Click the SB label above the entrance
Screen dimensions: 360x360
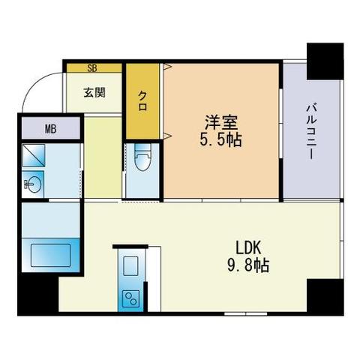point(92,68)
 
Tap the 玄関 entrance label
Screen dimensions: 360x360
point(94,92)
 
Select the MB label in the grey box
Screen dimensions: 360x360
point(51,129)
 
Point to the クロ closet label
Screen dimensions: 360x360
point(142,100)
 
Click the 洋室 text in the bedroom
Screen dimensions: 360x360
point(220,122)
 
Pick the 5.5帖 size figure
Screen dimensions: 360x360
point(220,139)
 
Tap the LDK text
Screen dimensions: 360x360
point(248,248)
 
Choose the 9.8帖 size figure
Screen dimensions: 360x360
point(248,265)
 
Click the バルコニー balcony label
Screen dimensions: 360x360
point(311,131)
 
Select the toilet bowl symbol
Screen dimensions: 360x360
point(142,157)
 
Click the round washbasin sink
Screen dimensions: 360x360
point(33,184)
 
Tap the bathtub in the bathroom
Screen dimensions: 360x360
point(51,255)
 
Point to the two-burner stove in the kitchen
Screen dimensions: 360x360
point(132,298)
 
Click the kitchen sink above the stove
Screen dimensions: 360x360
point(130,266)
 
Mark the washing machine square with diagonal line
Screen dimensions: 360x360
point(34,155)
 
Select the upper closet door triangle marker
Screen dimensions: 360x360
point(167,67)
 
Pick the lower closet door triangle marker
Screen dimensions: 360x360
point(167,136)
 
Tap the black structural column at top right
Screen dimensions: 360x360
point(325,61)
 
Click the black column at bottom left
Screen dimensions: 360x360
point(38,295)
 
